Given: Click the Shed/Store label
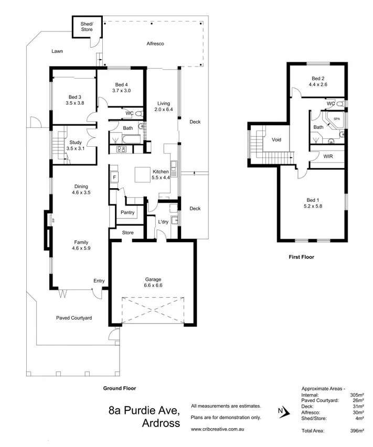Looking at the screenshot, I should click(x=87, y=27).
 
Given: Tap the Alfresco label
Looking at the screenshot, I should click(x=155, y=44).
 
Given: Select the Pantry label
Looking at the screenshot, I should click(x=128, y=213).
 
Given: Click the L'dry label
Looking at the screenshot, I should click(x=164, y=222).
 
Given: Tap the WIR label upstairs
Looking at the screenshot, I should click(x=328, y=156).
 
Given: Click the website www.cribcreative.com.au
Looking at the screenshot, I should click(x=219, y=429).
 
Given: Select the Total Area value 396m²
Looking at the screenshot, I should click(x=357, y=430).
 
